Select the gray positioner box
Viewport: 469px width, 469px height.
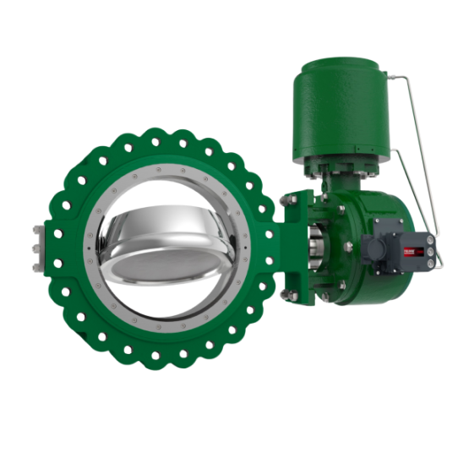tap(390, 251)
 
